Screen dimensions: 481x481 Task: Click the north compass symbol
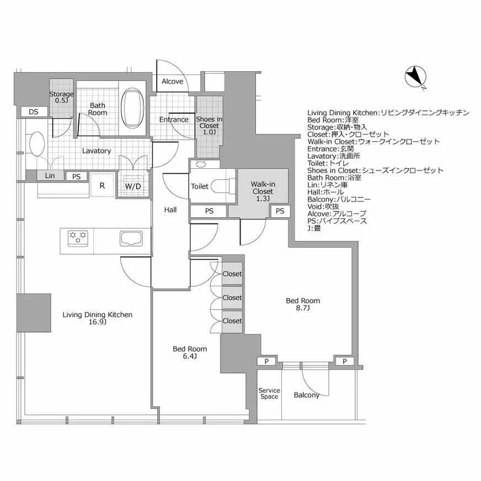click(416, 77)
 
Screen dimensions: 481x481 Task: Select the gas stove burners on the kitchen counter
click(78, 238)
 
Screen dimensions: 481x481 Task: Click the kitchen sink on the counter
click(131, 238)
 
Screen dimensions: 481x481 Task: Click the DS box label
click(34, 111)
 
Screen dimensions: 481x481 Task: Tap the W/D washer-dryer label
click(133, 186)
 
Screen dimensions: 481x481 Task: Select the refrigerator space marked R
click(102, 185)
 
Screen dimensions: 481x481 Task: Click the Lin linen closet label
click(50, 176)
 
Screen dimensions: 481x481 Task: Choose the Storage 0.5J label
click(61, 97)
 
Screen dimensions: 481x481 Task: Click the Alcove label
click(173, 81)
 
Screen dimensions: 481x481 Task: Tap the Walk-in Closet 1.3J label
click(263, 191)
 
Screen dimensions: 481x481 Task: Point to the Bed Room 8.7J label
click(303, 304)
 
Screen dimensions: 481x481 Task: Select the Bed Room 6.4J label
click(190, 352)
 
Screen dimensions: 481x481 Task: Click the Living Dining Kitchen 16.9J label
click(97, 318)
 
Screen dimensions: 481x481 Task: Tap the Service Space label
click(269, 393)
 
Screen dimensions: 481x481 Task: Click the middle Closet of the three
click(232, 297)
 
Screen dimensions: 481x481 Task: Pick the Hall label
click(170, 210)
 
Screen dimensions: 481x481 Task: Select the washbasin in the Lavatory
click(37, 144)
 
